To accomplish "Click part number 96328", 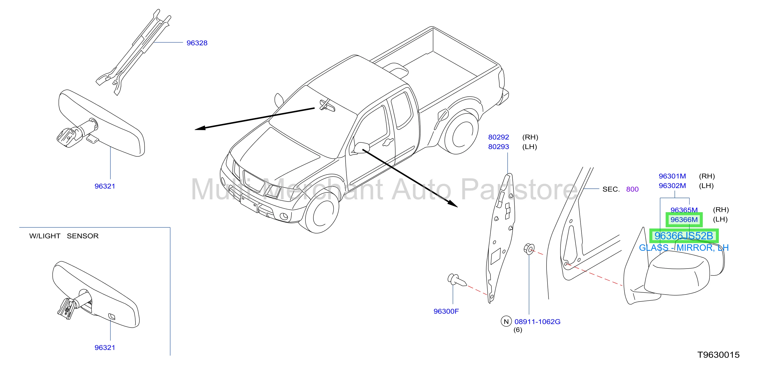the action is point(197,43).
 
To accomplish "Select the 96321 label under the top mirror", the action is point(105,186).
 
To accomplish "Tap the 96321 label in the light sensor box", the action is point(105,348).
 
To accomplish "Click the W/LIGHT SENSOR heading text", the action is point(64,236).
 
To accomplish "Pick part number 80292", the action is point(499,137).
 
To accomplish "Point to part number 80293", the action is point(499,147).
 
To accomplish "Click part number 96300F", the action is point(446,311).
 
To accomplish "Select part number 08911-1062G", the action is point(537,322).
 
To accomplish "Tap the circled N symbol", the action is point(506,321).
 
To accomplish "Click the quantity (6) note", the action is point(518,330).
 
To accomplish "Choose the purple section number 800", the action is point(632,189).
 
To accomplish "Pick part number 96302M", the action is point(672,186).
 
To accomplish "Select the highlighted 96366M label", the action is point(684,220).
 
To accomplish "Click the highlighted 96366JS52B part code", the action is point(684,236).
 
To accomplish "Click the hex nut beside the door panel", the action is point(529,249).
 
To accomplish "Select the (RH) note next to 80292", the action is point(530,137).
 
